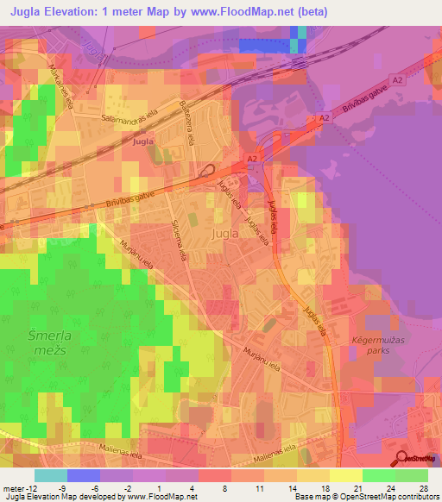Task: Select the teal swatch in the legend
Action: [x=51, y=475]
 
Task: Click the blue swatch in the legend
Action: [x=84, y=475]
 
